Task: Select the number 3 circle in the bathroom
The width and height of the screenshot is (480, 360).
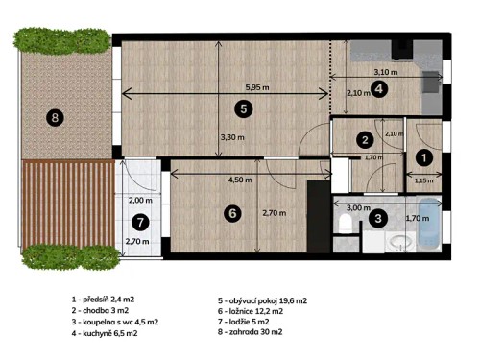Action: click(x=378, y=219)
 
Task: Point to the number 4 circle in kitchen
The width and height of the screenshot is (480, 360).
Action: click(x=379, y=89)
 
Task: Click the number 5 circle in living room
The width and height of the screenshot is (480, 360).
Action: click(x=245, y=108)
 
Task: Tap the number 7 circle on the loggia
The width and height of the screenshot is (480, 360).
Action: click(x=141, y=222)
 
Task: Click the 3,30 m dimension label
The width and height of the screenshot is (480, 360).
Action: click(x=232, y=137)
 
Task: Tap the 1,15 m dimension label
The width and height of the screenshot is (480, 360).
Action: click(x=423, y=179)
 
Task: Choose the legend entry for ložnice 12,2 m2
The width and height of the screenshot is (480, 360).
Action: click(x=263, y=312)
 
